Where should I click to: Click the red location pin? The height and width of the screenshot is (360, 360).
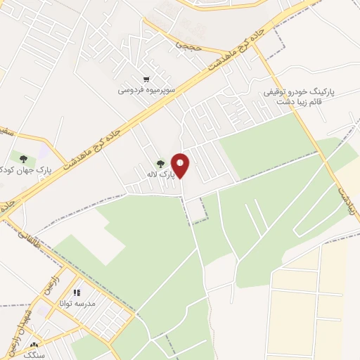(x=181, y=166)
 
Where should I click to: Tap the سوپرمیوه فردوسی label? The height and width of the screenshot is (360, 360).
(x=146, y=91)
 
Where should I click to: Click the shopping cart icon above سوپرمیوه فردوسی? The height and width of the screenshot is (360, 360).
(x=146, y=79)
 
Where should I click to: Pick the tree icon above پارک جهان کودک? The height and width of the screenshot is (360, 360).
(x=23, y=158)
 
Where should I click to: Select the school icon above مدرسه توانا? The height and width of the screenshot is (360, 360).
(x=77, y=291)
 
